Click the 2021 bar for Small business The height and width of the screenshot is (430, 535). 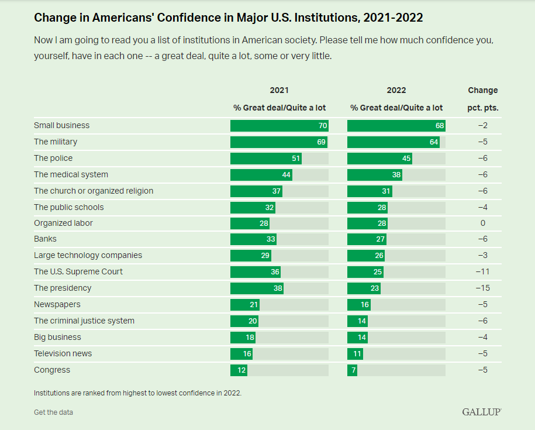tap(279, 126)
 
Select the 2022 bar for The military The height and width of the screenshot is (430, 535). tap(393, 142)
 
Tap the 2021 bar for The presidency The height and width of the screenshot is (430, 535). tap(257, 288)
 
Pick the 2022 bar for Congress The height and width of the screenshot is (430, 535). tap(352, 370)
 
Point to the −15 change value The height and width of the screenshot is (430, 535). tap(482, 288)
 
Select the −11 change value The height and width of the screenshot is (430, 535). tap(482, 272)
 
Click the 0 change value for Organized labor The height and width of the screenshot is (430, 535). tap(483, 223)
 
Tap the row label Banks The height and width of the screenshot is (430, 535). tap(46, 239)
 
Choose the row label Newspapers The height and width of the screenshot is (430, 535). tap(57, 304)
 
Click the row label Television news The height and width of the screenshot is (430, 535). tap(63, 353)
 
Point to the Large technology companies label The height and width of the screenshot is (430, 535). tap(88, 255)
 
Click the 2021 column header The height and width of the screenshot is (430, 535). tap(279, 90)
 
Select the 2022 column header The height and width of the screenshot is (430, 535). tap(396, 90)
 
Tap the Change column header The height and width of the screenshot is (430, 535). tap(483, 90)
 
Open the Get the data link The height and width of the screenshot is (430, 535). tap(53, 412)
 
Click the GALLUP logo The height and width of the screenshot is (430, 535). tap(482, 412)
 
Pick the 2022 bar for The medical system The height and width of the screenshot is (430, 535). tap(375, 174)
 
